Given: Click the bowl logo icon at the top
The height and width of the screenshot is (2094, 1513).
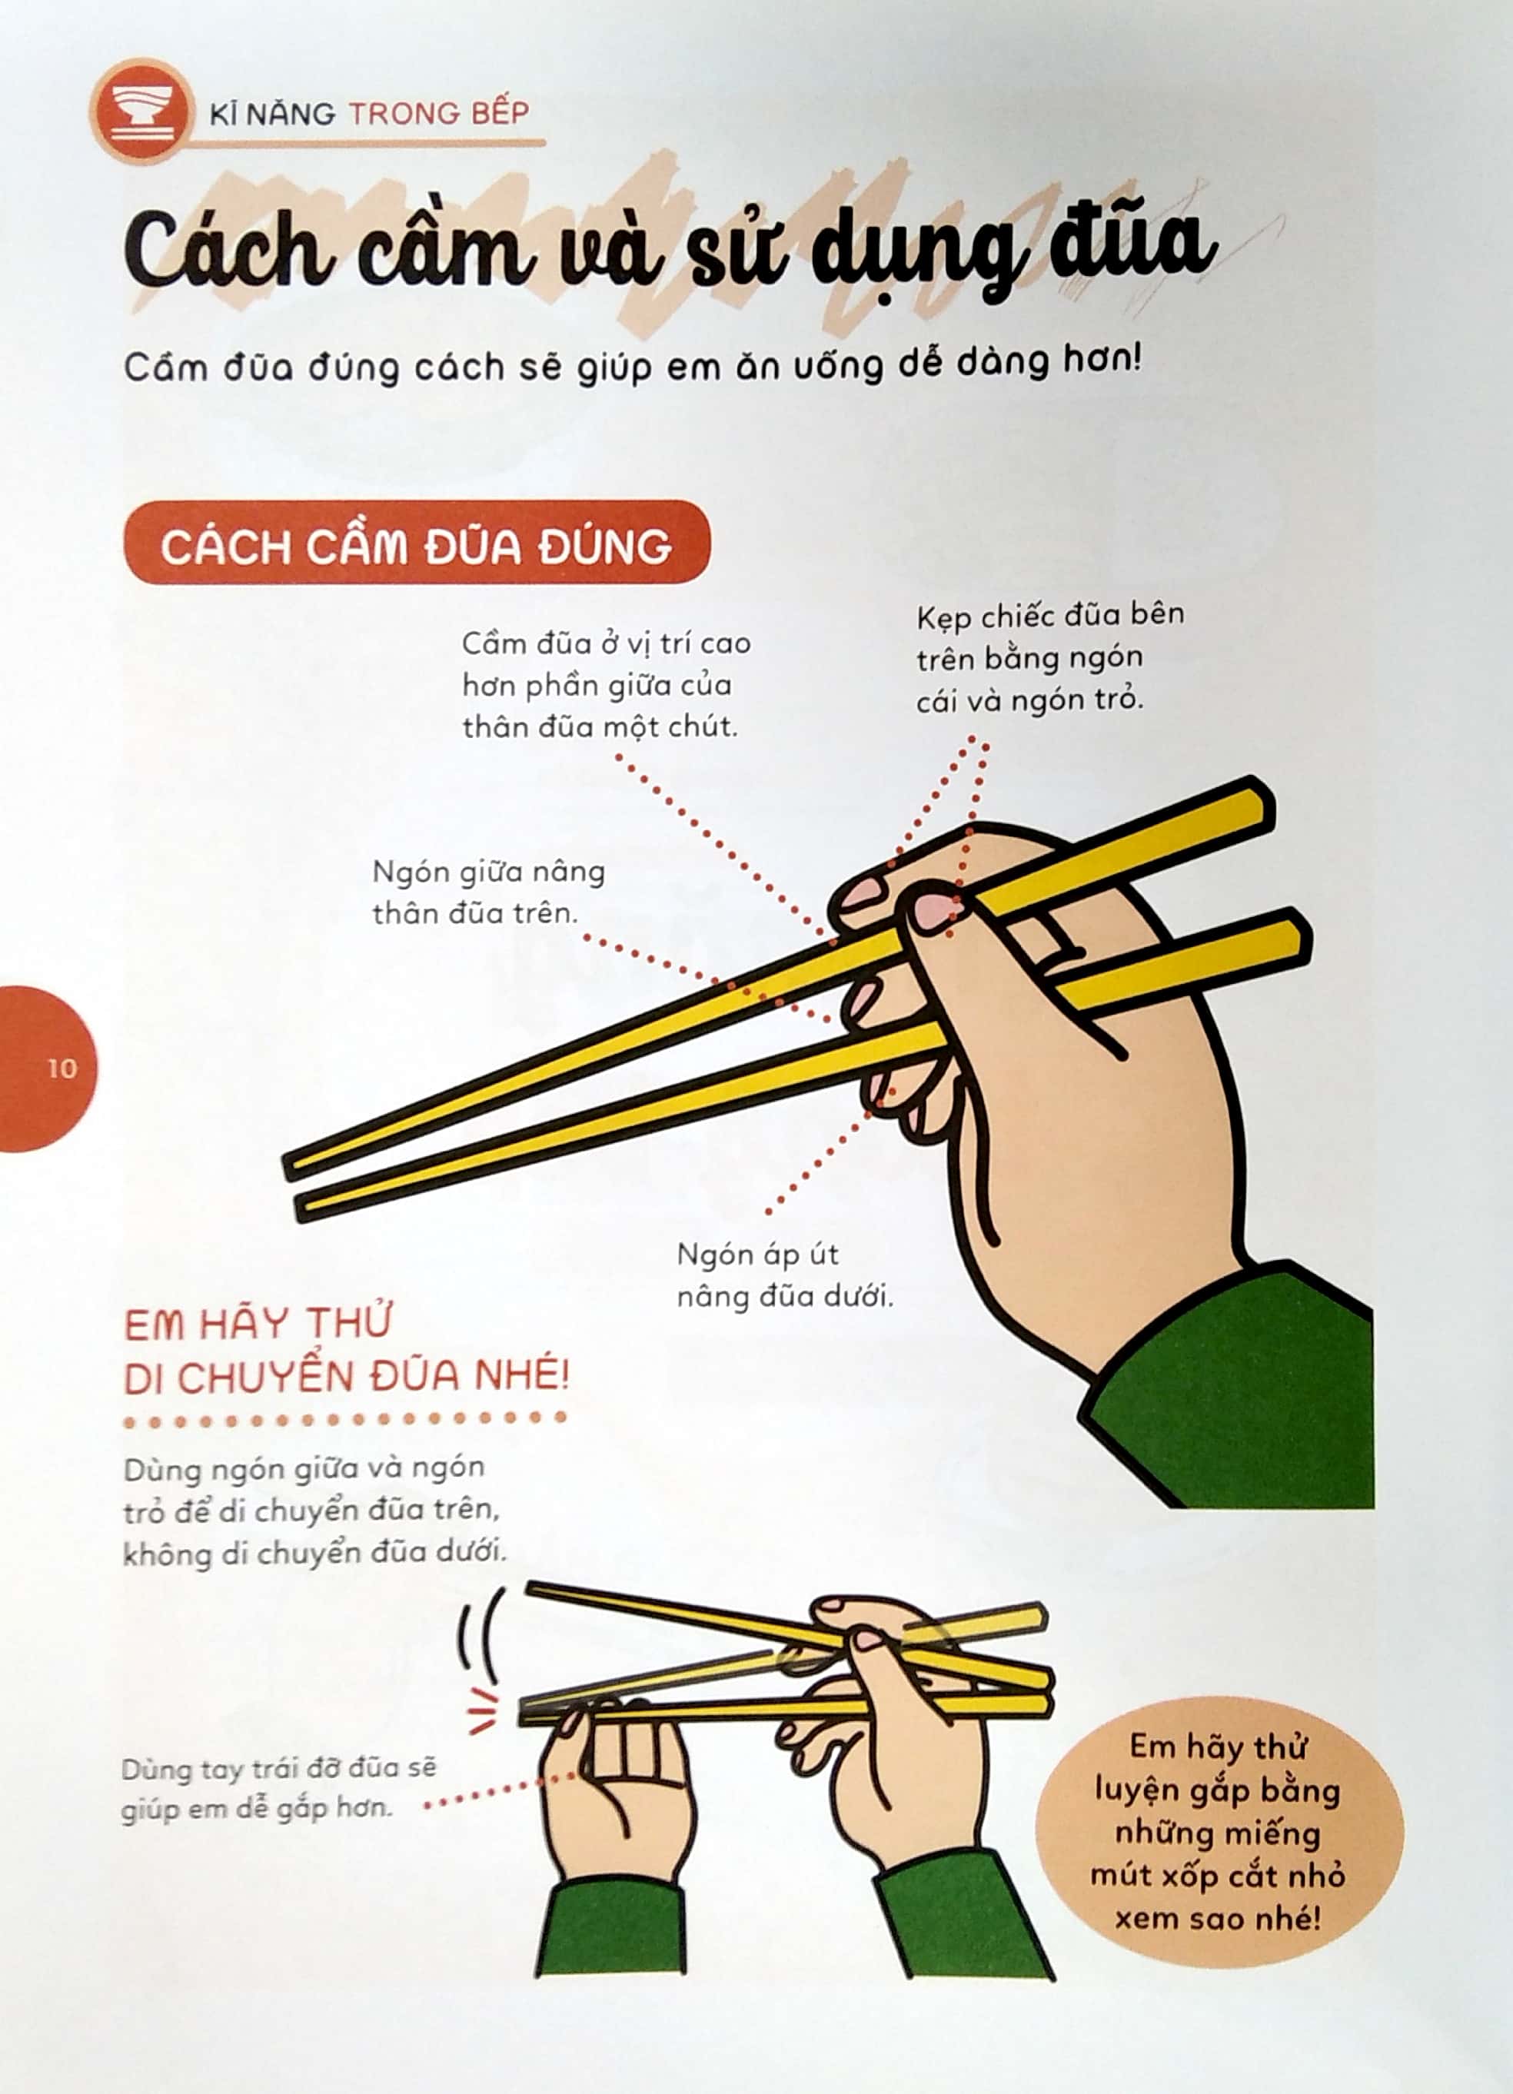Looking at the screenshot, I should point(141,111).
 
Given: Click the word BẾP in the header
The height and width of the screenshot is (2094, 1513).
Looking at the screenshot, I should point(498,114).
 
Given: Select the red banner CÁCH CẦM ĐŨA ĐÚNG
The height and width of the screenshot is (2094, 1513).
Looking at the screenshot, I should point(417,545).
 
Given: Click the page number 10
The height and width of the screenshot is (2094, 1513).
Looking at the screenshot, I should point(62,1069).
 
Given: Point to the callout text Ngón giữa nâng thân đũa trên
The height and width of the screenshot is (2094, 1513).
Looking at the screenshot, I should point(487,892).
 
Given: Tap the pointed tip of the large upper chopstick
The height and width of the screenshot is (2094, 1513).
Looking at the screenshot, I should point(294,1167).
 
